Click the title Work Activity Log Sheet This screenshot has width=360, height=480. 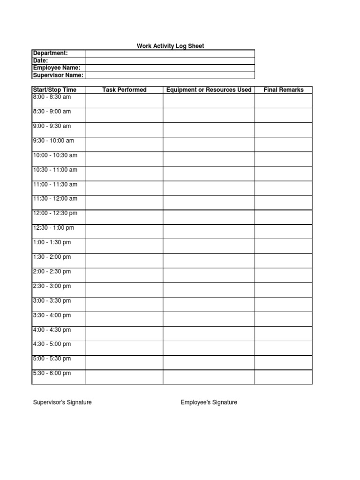(x=170, y=46)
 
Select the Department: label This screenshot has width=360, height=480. (x=51, y=53)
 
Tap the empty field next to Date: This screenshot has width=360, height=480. (x=170, y=61)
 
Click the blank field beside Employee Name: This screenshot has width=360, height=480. (x=170, y=68)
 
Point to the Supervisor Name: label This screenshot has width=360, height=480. (x=58, y=75)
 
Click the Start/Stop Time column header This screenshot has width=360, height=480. (x=54, y=90)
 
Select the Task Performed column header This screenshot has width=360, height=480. (x=124, y=90)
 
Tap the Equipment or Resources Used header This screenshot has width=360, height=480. (x=209, y=90)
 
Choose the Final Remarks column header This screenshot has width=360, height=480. (x=284, y=90)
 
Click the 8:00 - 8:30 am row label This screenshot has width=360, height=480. (x=52, y=97)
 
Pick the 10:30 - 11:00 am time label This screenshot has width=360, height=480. (x=55, y=170)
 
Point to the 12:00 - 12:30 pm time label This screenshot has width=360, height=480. (x=55, y=213)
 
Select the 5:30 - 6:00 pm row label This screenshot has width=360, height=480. (x=52, y=373)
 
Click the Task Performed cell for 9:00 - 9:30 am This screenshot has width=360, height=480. (x=124, y=130)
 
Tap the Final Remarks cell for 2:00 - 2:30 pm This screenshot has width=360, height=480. (x=284, y=275)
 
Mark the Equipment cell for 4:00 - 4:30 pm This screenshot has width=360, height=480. (x=209, y=333)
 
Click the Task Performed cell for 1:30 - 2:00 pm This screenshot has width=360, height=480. (x=124, y=261)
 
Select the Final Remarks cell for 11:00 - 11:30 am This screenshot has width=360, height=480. (x=284, y=188)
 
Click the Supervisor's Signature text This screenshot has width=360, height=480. (x=62, y=402)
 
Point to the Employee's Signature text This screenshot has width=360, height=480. (x=209, y=402)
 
